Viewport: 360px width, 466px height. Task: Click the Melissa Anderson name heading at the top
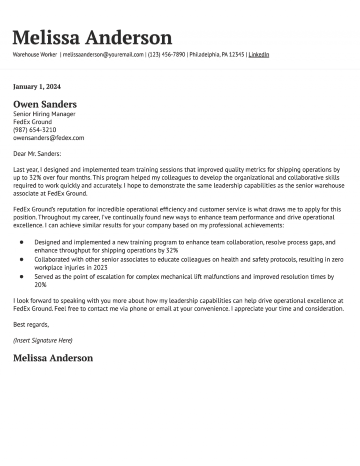tap(92, 38)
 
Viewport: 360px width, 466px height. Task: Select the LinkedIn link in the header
tap(259, 55)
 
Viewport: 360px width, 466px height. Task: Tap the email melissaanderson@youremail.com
tap(103, 55)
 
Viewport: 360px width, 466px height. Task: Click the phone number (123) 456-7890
tap(166, 55)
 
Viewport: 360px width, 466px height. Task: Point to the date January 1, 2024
tap(37, 86)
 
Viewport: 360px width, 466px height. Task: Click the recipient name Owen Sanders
tap(45, 104)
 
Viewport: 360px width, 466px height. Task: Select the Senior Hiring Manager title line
tap(44, 114)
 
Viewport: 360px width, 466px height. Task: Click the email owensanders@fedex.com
tap(49, 138)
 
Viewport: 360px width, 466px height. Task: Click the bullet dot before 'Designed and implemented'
tap(22, 242)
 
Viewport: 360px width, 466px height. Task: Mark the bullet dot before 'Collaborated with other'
tap(22, 259)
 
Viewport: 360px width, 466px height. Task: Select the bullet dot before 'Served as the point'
tap(22, 277)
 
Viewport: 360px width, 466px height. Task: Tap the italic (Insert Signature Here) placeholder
tap(43, 340)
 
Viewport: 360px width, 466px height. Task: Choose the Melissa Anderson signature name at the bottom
tap(53, 358)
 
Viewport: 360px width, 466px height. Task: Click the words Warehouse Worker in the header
tap(35, 55)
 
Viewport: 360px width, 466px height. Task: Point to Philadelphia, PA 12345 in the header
tap(217, 55)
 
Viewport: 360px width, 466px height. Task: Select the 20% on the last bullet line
tap(40, 285)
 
